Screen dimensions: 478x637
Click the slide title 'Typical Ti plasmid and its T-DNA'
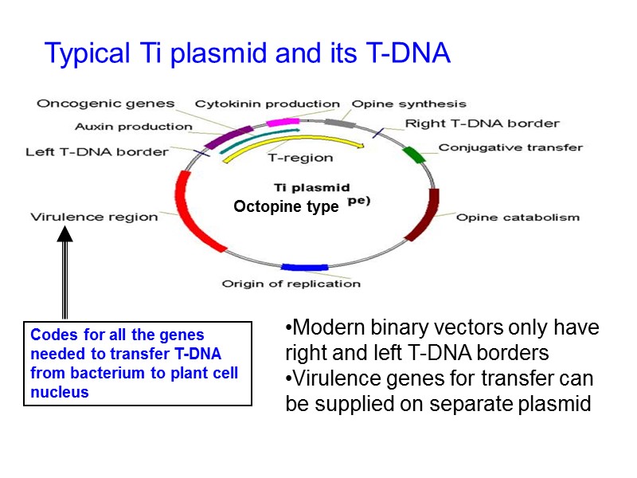point(248,53)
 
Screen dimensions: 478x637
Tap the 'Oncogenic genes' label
point(105,104)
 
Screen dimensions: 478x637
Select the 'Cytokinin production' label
point(268,104)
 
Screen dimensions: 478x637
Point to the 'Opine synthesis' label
point(409,104)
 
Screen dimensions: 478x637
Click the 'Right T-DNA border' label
point(482,123)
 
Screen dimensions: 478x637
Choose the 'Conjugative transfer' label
point(510,147)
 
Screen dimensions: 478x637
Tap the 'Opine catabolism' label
point(518,217)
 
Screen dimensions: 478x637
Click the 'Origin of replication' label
point(291,284)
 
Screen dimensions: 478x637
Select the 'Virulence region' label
point(94,216)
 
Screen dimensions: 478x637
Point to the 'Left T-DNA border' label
point(97,151)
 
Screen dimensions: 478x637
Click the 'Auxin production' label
point(133,126)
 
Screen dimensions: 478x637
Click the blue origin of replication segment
point(305,268)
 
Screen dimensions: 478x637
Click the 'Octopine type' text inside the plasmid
point(286,206)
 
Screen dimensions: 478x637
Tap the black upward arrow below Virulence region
point(64,271)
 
